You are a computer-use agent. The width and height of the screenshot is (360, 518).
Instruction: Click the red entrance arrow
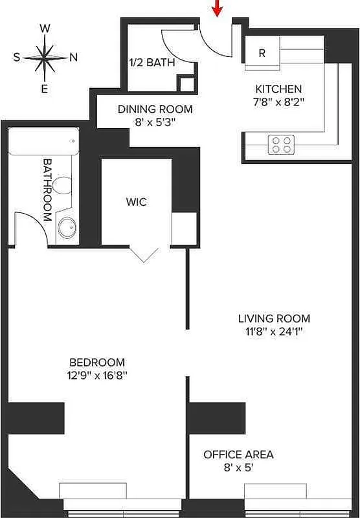[x=218, y=8]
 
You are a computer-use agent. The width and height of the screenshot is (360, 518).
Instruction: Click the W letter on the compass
[x=45, y=28]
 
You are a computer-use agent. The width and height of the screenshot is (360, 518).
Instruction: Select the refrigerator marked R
[x=262, y=53]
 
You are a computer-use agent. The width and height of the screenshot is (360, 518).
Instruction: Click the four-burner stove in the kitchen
[x=281, y=144]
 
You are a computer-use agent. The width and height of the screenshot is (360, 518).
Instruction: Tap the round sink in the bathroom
[x=67, y=227]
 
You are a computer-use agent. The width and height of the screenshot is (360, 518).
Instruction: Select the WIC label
[x=136, y=202]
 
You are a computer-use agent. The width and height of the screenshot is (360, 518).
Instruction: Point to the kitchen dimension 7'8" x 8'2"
[x=279, y=101]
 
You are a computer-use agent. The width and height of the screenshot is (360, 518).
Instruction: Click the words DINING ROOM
[x=155, y=109]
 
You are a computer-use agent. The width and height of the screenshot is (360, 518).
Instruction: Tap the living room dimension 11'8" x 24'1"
[x=274, y=331]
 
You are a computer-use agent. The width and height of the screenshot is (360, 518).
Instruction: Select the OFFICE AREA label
[x=238, y=455]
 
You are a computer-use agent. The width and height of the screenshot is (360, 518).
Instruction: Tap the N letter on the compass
[x=74, y=57]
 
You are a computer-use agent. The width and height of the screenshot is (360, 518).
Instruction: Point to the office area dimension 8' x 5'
[x=238, y=467]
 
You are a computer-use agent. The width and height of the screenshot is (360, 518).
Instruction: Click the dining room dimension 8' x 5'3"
[x=155, y=121]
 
